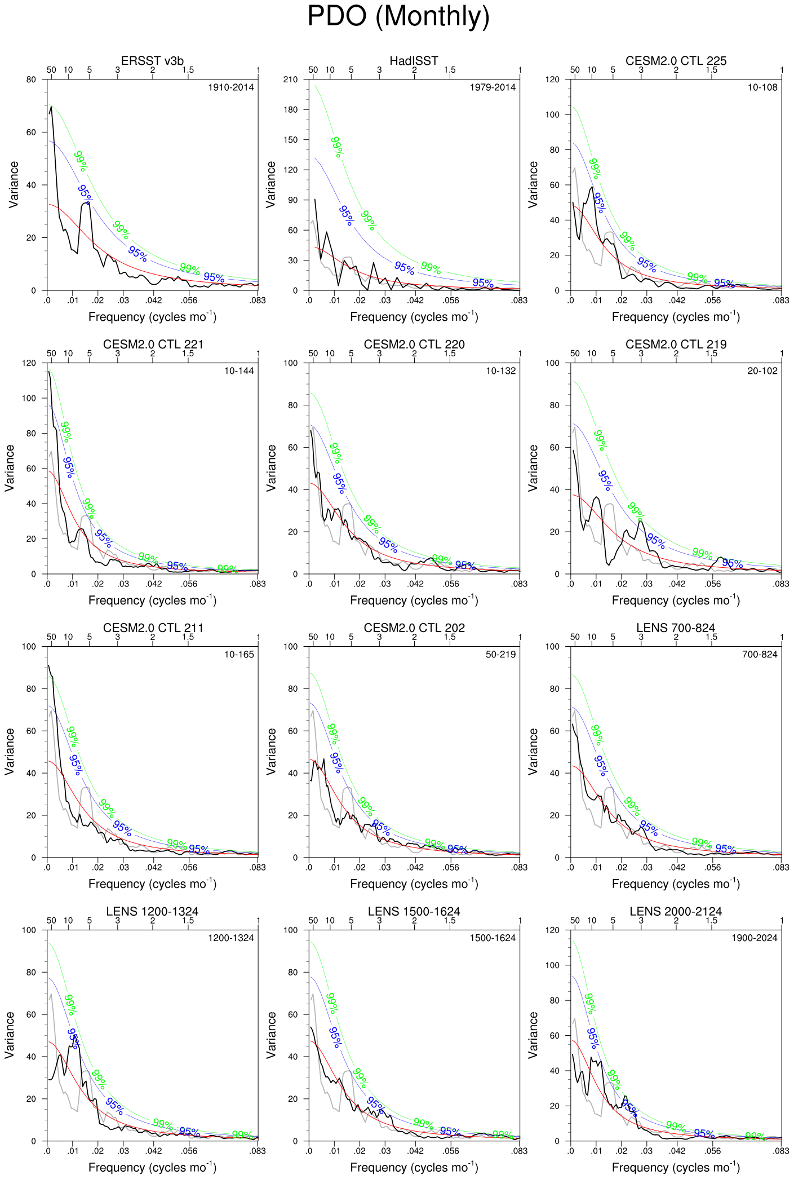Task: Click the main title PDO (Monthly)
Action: coord(398,17)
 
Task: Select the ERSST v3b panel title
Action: coord(152,61)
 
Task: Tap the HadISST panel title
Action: coord(414,61)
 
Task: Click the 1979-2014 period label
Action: coord(493,87)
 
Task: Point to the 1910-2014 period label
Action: coord(231,87)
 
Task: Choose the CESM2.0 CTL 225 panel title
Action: coord(676,61)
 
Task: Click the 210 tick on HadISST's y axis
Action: coord(290,80)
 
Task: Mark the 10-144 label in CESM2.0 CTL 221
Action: coord(239,371)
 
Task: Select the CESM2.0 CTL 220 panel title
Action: coord(414,345)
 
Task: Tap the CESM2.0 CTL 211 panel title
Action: coord(153,628)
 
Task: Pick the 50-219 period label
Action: coord(500,655)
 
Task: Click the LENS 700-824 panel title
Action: coord(676,628)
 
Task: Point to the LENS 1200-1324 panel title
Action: coord(152,912)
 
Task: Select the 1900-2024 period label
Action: coord(754,938)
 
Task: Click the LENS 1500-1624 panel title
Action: coord(414,912)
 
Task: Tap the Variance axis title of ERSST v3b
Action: coord(14,184)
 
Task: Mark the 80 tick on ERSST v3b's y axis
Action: coord(31,80)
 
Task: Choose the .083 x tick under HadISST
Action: coord(519,301)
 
